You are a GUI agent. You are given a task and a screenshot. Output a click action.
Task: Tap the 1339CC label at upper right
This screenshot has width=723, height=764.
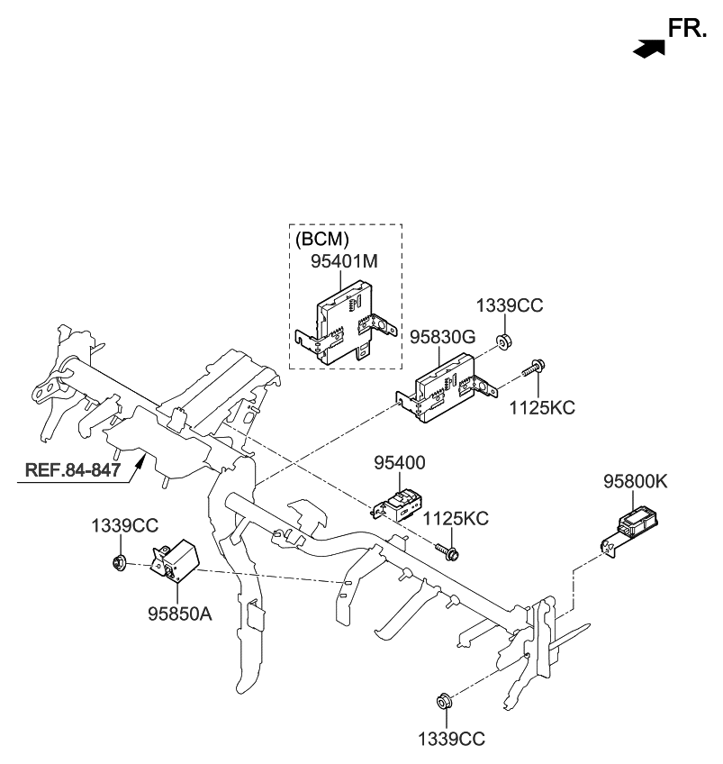tap(510, 306)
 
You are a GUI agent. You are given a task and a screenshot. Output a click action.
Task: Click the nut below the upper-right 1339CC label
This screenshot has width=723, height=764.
tap(504, 341)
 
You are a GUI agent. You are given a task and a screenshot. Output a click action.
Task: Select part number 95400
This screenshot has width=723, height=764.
tap(400, 463)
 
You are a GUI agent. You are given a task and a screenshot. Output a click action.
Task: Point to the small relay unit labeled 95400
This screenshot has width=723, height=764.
tap(400, 505)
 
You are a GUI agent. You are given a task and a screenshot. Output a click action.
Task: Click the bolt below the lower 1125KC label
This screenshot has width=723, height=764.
tap(447, 549)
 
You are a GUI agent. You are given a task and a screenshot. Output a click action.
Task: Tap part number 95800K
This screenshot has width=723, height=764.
tap(635, 482)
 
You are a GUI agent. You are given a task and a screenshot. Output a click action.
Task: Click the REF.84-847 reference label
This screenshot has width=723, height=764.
tap(72, 468)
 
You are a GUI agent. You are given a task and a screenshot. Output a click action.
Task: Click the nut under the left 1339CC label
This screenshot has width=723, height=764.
tap(118, 564)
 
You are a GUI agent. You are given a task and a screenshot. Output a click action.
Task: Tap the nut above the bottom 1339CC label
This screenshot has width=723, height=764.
tap(443, 702)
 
